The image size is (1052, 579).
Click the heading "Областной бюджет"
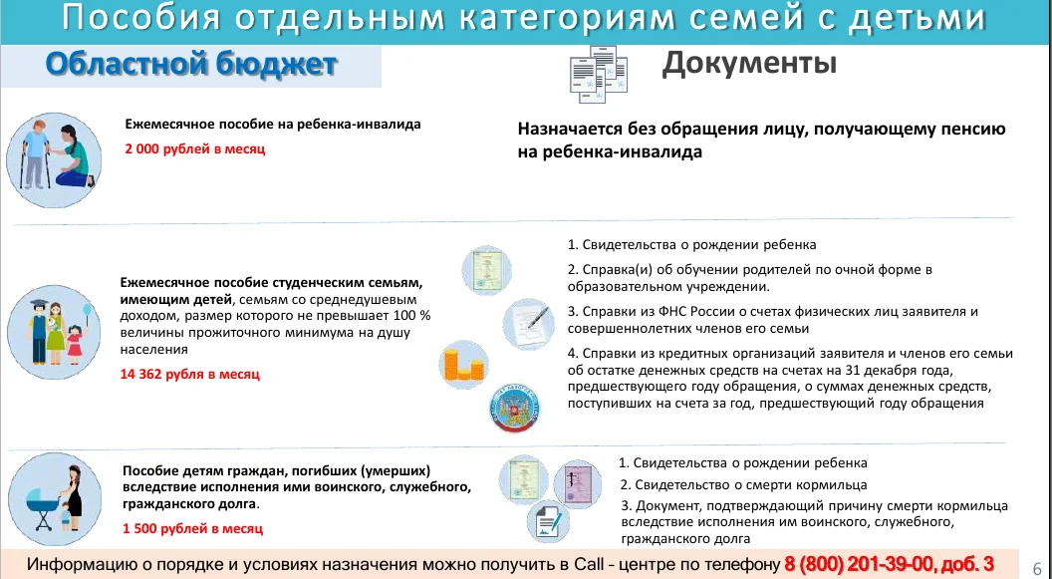[191, 65]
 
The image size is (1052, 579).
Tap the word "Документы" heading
[749, 64]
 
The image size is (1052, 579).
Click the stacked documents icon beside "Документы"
[598, 75]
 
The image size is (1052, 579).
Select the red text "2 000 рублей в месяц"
[195, 148]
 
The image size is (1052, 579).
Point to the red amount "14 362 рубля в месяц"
[190, 375]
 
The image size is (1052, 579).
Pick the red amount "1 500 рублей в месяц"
[192, 529]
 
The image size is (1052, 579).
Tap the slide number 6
[1037, 568]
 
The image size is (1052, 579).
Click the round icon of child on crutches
[55, 160]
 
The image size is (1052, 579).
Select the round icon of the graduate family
[55, 332]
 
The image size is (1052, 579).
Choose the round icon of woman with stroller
[55, 499]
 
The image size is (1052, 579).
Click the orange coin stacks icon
[463, 366]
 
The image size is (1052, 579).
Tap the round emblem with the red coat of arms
[515, 408]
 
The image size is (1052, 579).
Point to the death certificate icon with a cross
[578, 484]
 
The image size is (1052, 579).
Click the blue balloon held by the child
[88, 309]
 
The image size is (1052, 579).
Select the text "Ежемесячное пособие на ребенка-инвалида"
[273, 125]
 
